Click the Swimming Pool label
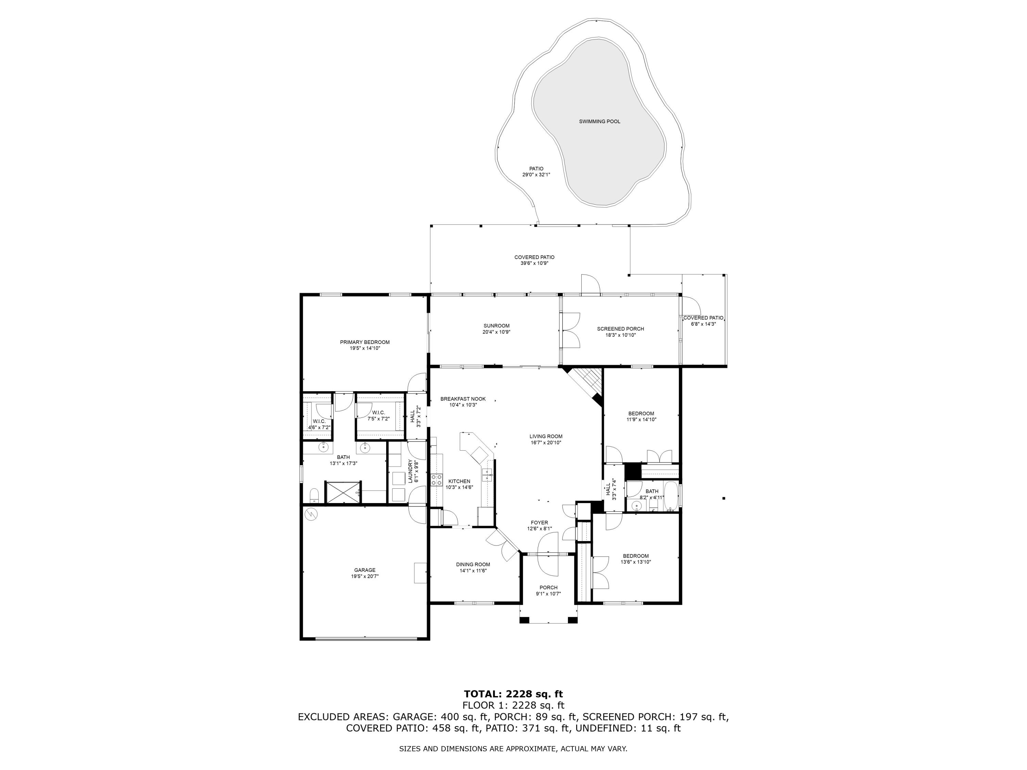point(599,121)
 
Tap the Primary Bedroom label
point(365,342)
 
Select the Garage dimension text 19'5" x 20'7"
point(365,576)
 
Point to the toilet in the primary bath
point(314,495)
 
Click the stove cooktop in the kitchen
point(436,480)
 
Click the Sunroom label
point(496,326)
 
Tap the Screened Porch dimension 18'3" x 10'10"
point(620,335)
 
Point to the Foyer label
point(539,523)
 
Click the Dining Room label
point(473,564)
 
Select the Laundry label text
point(410,471)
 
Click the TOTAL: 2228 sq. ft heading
point(513,694)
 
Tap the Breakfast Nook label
point(463,399)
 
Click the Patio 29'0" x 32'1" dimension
point(536,175)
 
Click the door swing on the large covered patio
point(590,284)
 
